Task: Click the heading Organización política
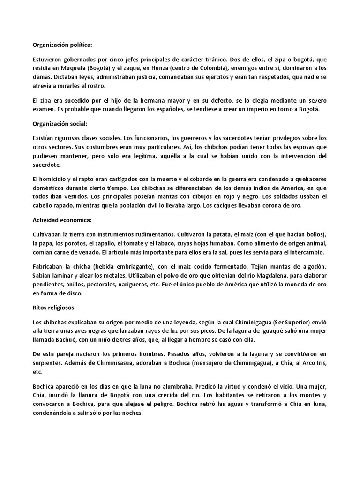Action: click(63, 45)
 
